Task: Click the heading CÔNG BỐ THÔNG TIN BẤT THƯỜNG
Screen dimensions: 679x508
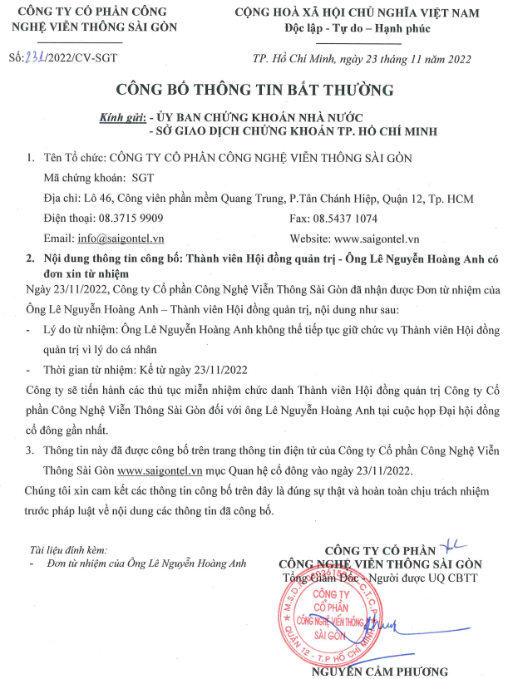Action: [254, 90]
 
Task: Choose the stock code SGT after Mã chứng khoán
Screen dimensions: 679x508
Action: [143, 178]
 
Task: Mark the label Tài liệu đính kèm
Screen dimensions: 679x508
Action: [67, 549]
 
